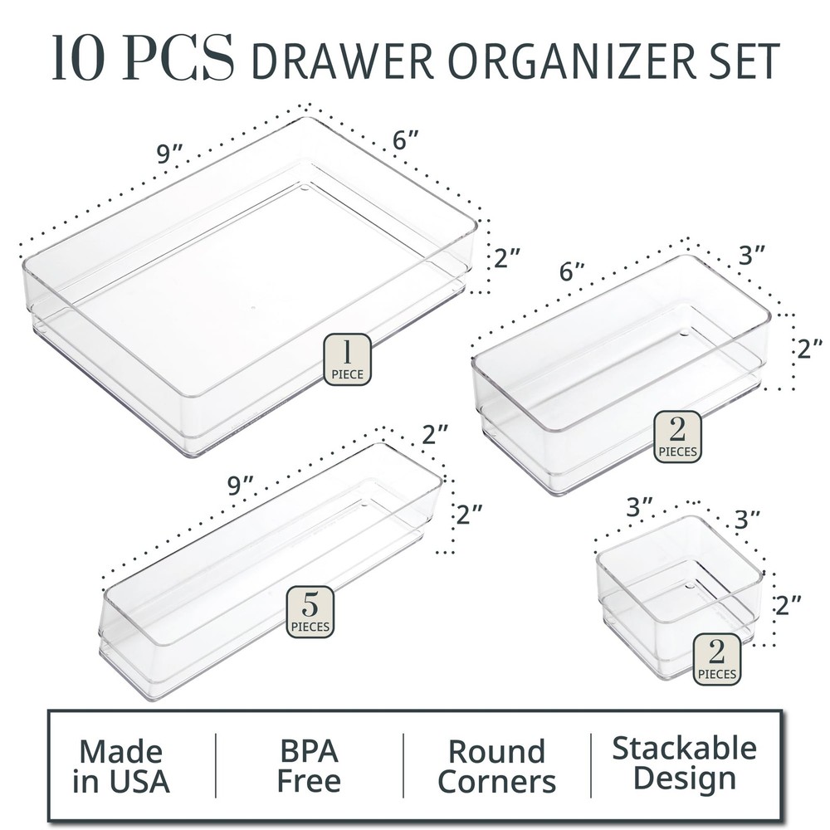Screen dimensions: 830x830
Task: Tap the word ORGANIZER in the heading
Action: [x=556, y=61]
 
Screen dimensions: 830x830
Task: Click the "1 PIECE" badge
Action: [x=347, y=359]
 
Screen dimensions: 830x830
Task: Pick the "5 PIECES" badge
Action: [x=310, y=612]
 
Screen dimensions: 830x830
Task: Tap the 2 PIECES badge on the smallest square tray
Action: [x=716, y=659]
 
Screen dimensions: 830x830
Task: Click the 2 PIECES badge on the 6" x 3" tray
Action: [x=676, y=437]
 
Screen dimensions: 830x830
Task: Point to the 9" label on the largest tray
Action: [x=169, y=153]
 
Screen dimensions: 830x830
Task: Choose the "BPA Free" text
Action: [x=309, y=765]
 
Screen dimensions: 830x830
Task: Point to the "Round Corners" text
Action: [x=496, y=765]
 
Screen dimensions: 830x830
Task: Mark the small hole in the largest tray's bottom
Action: [x=305, y=188]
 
